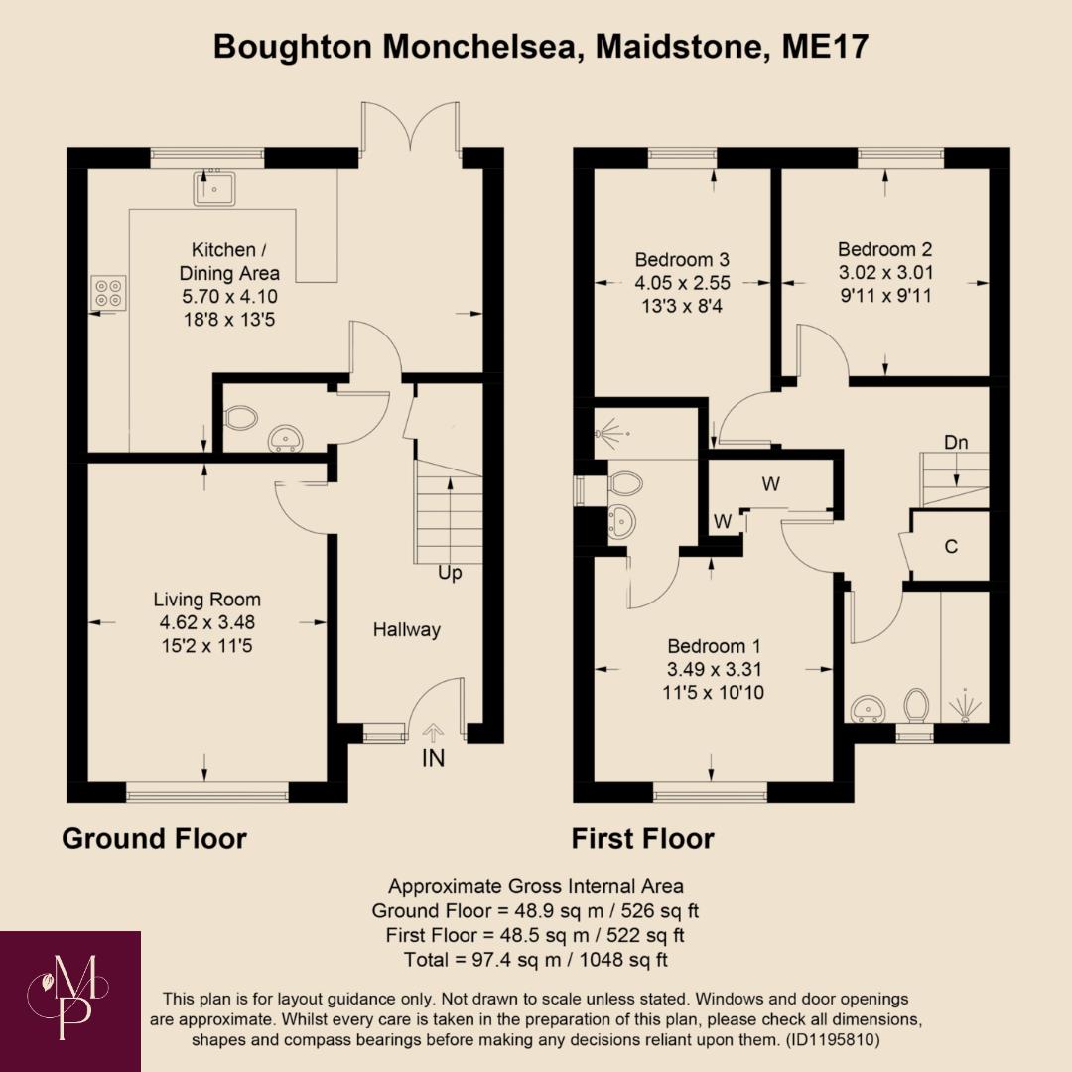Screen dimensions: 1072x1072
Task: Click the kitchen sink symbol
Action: click(x=214, y=188)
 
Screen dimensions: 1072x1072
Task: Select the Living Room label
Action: click(x=206, y=600)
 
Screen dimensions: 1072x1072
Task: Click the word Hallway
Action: click(x=406, y=629)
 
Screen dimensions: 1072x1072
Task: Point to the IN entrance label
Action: click(x=434, y=758)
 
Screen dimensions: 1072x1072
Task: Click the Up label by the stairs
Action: click(x=450, y=573)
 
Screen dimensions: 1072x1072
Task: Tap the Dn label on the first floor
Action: click(x=956, y=443)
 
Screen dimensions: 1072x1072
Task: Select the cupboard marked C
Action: click(x=951, y=546)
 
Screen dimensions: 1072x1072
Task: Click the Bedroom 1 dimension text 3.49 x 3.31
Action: click(x=714, y=669)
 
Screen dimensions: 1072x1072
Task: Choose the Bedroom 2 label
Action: click(x=884, y=249)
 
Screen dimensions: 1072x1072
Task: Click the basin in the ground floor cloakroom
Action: click(x=286, y=436)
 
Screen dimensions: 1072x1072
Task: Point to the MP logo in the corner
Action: click(x=70, y=1001)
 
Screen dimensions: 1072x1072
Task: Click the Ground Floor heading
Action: click(x=154, y=839)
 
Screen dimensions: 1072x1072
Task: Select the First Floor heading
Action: click(x=642, y=839)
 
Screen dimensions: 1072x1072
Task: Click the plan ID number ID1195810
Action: click(x=828, y=1040)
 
